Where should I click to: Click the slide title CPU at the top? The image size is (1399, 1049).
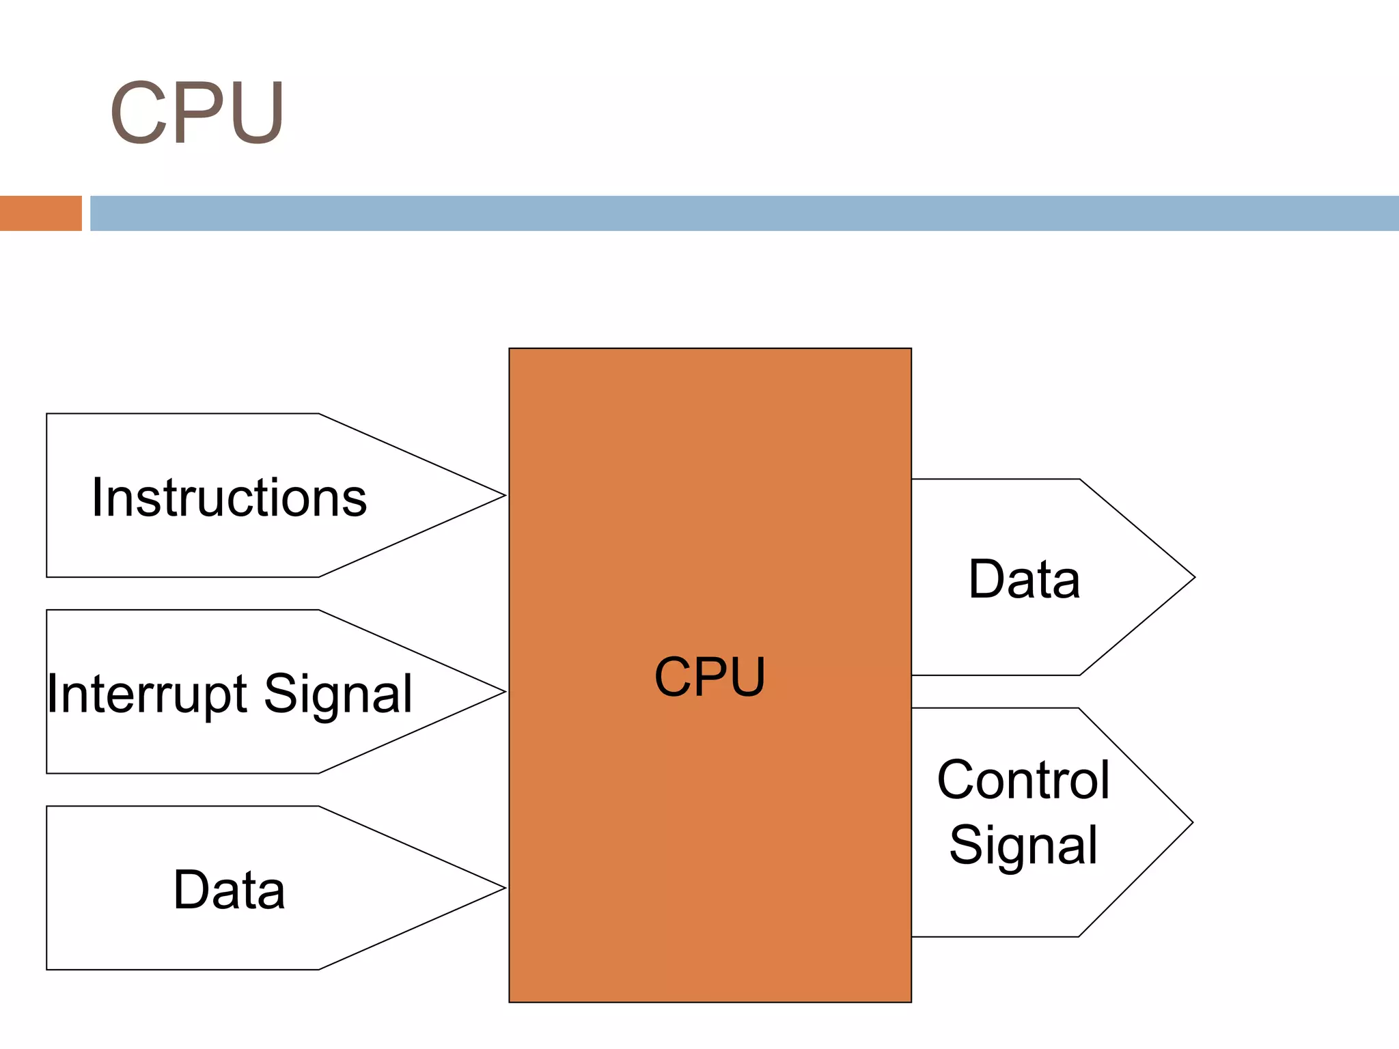click(x=197, y=113)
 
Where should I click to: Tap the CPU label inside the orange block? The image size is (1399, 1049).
click(x=710, y=677)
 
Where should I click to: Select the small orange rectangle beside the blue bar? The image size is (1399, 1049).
click(x=40, y=213)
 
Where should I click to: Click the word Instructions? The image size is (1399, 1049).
click(x=230, y=497)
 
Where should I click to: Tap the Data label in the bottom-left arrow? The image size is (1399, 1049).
click(x=229, y=890)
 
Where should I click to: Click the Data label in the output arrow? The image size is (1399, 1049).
click(x=1024, y=579)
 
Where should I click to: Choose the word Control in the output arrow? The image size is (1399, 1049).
click(x=1023, y=780)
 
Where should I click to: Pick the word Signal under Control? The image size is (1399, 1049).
click(x=1023, y=845)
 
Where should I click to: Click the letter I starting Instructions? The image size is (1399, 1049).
click(x=97, y=497)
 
